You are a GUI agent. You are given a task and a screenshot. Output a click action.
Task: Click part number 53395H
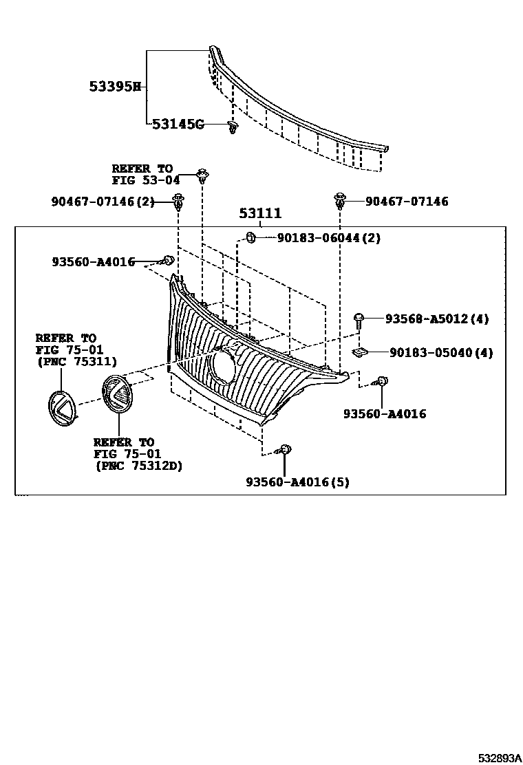click(x=114, y=87)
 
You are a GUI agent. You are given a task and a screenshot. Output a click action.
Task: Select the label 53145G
click(x=178, y=125)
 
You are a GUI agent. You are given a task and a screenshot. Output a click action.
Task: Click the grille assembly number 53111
click(x=261, y=214)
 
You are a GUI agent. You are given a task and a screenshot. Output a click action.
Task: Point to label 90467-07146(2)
click(x=103, y=202)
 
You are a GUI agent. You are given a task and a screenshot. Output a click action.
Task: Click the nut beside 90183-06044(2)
click(x=251, y=238)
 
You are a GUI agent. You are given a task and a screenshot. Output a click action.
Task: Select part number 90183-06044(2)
click(x=329, y=238)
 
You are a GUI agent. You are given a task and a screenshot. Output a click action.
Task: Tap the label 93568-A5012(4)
click(x=437, y=319)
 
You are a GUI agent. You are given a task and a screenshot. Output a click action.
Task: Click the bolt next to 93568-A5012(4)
click(x=359, y=319)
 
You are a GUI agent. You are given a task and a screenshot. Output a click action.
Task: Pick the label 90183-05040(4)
click(x=441, y=353)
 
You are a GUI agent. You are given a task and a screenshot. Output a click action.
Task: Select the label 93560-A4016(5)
click(x=297, y=482)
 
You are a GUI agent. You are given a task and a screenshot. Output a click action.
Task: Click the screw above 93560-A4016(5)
click(x=285, y=451)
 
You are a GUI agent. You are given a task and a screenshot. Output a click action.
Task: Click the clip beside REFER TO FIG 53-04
click(x=202, y=175)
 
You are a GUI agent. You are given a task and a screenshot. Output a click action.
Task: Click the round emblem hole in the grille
click(x=226, y=365)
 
